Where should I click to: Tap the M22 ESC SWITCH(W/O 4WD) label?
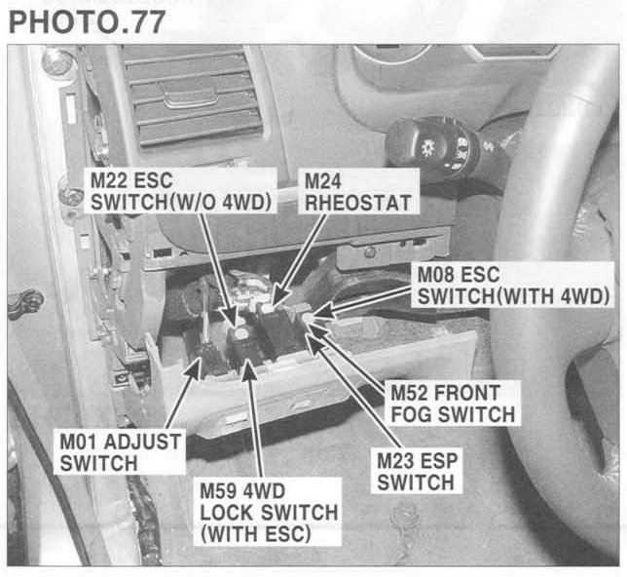pyautogui.click(x=179, y=191)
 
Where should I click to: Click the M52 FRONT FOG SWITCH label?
pyautogui.click(x=452, y=403)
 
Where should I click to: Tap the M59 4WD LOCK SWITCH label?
pyautogui.click(x=268, y=512)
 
